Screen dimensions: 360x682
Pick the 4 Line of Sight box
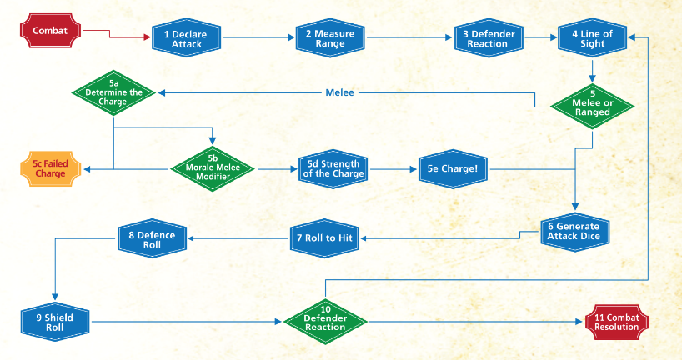pyautogui.click(x=592, y=38)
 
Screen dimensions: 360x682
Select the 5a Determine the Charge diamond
pyautogui.click(x=114, y=92)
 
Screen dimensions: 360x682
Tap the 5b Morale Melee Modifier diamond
pyautogui.click(x=213, y=168)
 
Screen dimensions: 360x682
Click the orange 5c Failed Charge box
pyautogui.click(x=50, y=169)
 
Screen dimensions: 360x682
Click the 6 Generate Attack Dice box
pyautogui.click(x=575, y=230)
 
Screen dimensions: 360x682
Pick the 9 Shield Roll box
pyautogui.click(x=54, y=322)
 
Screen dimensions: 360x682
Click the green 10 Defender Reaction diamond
pyautogui.click(x=325, y=322)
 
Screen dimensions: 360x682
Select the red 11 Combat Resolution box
pyautogui.click(x=617, y=322)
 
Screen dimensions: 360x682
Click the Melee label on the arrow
pyautogui.click(x=339, y=92)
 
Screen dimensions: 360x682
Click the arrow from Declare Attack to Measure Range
pyautogui.click(x=258, y=38)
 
